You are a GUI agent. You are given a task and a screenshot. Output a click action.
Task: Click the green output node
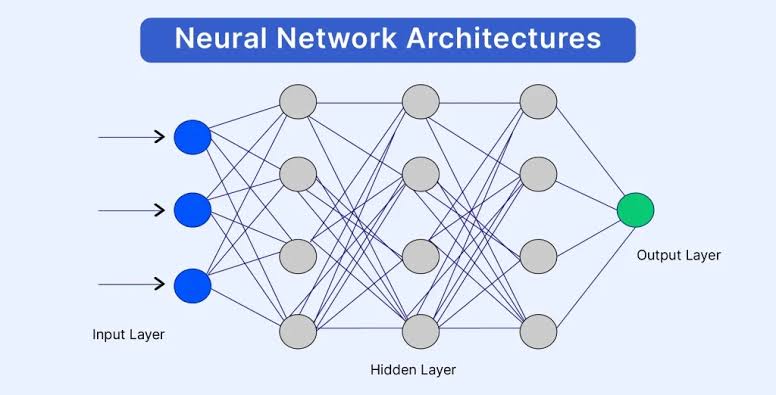click(635, 210)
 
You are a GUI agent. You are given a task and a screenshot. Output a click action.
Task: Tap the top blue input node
click(193, 137)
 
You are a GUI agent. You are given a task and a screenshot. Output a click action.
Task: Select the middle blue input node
click(193, 210)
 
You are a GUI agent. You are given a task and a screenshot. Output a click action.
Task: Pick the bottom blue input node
click(193, 286)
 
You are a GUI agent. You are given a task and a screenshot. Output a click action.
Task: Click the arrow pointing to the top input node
click(132, 137)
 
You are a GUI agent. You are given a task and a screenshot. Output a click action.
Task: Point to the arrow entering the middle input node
click(132, 210)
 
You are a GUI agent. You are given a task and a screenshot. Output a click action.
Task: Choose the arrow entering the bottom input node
click(132, 284)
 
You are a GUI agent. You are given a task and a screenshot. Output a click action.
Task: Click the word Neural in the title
click(222, 38)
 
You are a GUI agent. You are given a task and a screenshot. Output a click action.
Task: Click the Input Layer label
click(128, 335)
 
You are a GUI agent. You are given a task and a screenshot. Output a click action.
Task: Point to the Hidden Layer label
click(413, 370)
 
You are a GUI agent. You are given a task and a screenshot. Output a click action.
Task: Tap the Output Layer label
click(679, 255)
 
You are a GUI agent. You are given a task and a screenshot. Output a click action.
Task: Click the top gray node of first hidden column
click(298, 101)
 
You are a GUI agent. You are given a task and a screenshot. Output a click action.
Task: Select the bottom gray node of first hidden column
click(298, 331)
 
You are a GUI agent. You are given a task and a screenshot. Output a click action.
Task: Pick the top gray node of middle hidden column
click(421, 101)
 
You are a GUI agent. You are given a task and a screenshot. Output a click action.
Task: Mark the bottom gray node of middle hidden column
click(421, 331)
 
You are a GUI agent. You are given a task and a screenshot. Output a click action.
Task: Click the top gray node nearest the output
click(538, 101)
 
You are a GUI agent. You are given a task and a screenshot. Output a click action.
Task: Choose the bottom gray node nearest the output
click(538, 331)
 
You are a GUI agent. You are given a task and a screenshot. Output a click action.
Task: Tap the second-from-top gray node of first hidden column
click(298, 174)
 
